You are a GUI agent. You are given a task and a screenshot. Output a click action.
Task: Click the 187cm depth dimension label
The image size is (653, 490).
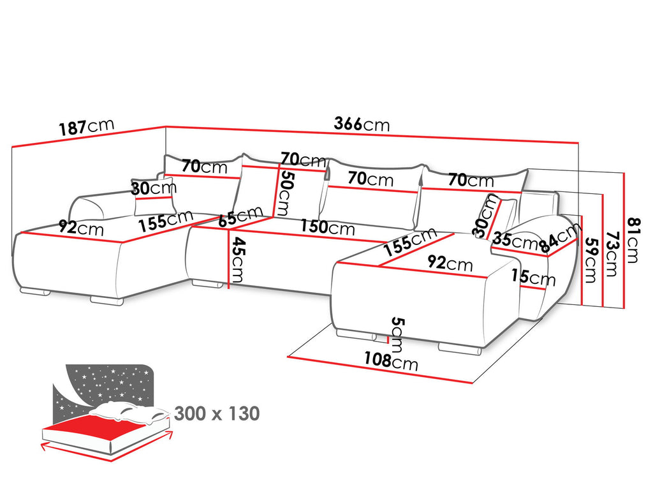[x=86, y=127]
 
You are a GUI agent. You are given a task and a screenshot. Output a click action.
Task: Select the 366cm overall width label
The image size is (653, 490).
[x=362, y=124]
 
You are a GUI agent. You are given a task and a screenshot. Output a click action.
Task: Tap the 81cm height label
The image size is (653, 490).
[x=632, y=240]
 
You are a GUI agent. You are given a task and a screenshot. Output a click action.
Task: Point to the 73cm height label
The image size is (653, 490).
[x=611, y=254]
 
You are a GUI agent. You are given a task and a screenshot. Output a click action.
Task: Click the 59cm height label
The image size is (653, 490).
[x=591, y=260]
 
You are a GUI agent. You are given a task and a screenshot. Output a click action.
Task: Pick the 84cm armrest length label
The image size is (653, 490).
[x=559, y=238]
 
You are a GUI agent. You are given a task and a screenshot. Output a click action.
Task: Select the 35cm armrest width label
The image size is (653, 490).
[x=515, y=241]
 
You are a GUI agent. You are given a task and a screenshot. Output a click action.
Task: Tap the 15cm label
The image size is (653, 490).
[x=534, y=277]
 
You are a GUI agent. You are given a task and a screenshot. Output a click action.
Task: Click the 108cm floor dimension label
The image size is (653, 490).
[x=391, y=360]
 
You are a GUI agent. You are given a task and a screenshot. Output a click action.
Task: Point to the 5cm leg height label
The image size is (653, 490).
[x=397, y=335]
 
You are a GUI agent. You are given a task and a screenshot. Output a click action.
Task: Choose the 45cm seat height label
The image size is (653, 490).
[x=237, y=259]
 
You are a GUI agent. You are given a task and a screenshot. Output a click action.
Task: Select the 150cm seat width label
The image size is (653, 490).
[x=328, y=227]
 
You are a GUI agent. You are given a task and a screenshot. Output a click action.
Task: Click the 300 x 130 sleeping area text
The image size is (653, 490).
[x=217, y=413]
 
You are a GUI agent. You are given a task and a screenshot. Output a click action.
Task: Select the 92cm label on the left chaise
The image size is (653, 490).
[x=81, y=228]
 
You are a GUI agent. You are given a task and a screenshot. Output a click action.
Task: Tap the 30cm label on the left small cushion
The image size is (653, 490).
[x=154, y=188]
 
